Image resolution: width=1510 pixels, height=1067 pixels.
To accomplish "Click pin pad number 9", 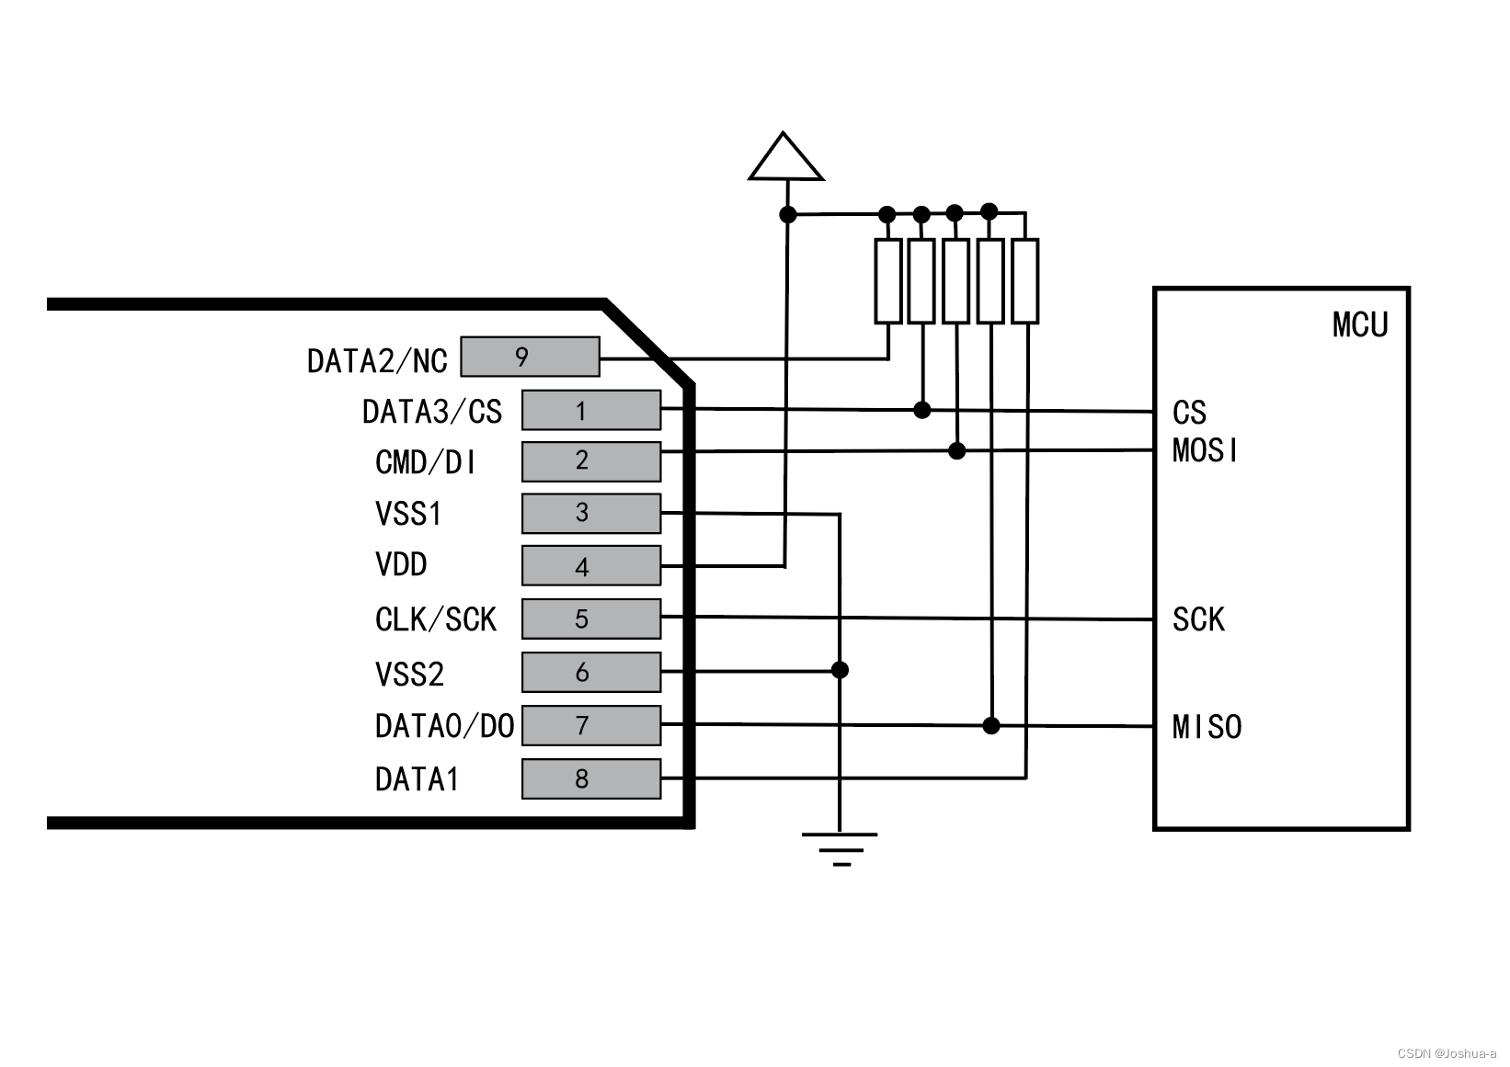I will point(529,357).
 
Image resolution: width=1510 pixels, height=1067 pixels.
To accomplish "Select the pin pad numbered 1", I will point(590,410).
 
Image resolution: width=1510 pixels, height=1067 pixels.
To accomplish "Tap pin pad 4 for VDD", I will point(590,565).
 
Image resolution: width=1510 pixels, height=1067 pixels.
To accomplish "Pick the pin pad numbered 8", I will point(590,778).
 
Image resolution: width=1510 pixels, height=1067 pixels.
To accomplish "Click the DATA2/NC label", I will point(377,360).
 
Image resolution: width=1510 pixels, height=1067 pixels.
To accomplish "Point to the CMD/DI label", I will point(426,462).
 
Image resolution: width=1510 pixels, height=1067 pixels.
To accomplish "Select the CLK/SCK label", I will point(435,619).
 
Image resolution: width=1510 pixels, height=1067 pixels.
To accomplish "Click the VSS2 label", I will point(409,675).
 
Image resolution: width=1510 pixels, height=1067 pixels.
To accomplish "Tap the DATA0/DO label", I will point(444,727).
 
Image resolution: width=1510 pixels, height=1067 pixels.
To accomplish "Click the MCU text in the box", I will point(1359,325).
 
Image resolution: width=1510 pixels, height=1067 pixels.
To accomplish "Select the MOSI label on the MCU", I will point(1205,450).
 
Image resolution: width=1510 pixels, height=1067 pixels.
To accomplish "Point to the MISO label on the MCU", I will point(1207,727).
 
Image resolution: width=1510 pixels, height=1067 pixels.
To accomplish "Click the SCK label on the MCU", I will point(1197,619).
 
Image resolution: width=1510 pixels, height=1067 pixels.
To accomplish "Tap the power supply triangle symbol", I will point(785,158).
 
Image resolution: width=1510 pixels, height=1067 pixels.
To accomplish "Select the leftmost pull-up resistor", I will point(887,281).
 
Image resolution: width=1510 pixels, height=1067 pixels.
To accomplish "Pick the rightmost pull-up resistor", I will point(1025,281).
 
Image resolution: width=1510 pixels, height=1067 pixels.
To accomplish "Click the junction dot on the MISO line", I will point(990,726).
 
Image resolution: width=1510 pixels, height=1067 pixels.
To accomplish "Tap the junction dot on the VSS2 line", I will point(839,670).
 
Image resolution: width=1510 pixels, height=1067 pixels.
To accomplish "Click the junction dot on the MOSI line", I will point(956,450).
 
